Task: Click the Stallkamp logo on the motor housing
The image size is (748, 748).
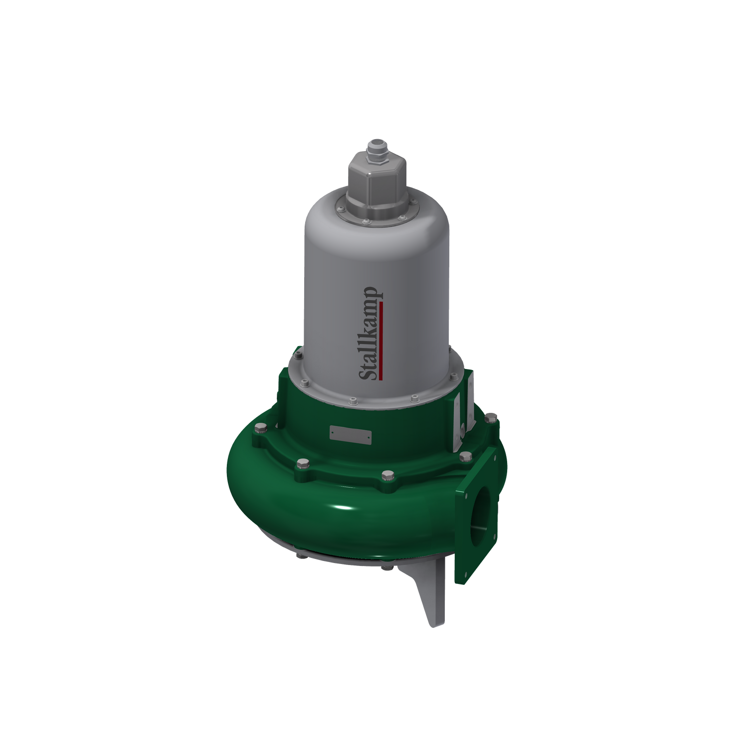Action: pyautogui.click(x=371, y=333)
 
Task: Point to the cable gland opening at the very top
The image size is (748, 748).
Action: pyautogui.click(x=376, y=143)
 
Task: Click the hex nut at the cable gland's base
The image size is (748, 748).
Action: pyautogui.click(x=376, y=158)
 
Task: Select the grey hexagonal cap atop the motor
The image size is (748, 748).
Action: pyautogui.click(x=376, y=180)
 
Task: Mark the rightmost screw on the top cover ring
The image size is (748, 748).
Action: pyautogui.click(x=413, y=201)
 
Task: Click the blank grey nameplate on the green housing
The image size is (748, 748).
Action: pyautogui.click(x=350, y=434)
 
